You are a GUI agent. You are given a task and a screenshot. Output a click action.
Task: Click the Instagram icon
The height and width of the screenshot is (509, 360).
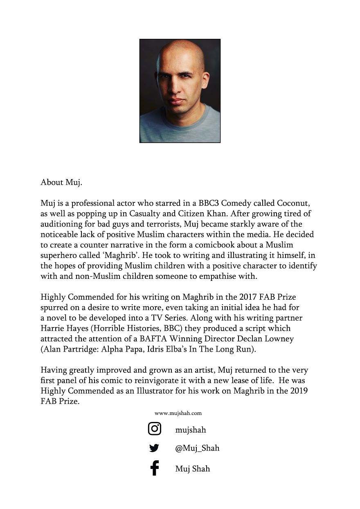[154, 429]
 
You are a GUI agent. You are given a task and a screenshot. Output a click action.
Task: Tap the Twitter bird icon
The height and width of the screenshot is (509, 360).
[154, 448]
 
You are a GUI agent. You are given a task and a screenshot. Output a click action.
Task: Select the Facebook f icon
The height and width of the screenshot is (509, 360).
[154, 468]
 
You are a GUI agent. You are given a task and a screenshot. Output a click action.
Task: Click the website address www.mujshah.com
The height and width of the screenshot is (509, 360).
[178, 413]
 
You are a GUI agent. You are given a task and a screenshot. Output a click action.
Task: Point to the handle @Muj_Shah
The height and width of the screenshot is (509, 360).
[197, 448]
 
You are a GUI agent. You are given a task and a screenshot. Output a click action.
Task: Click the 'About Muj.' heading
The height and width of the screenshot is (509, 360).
[61, 182]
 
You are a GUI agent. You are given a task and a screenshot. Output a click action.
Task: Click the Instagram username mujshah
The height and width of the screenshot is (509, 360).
[191, 430]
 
